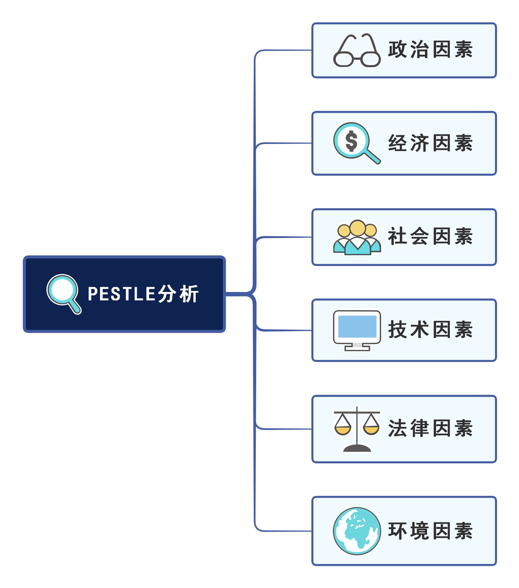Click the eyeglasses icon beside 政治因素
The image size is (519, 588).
click(x=357, y=51)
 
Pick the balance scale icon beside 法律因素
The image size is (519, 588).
click(x=357, y=429)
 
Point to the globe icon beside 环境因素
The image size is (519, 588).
click(x=357, y=531)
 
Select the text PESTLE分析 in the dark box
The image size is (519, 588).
click(x=143, y=294)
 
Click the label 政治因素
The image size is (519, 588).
click(x=430, y=50)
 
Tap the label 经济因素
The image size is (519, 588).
click(x=430, y=144)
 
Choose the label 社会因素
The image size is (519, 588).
click(x=430, y=237)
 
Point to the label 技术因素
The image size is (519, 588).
click(x=430, y=330)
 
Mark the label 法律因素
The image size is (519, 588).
click(x=430, y=429)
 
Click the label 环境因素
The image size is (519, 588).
click(x=430, y=531)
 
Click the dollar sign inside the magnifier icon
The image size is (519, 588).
click(x=351, y=141)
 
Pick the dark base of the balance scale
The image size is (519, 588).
click(x=357, y=447)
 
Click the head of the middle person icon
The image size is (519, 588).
click(x=358, y=228)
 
